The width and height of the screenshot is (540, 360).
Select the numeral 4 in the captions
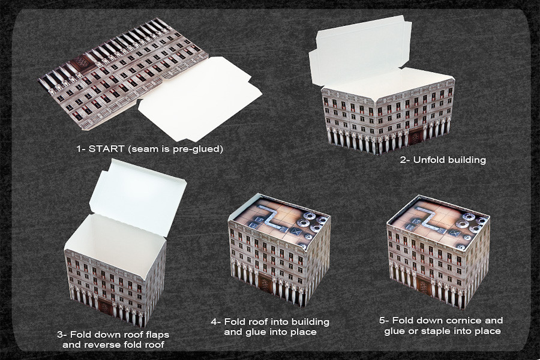[214, 322]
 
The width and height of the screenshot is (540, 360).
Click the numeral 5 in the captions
[382, 320]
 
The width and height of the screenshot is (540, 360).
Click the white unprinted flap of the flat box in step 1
[200, 99]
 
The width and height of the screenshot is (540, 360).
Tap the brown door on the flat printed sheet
[83, 64]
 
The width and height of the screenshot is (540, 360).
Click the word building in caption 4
[310, 322]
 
